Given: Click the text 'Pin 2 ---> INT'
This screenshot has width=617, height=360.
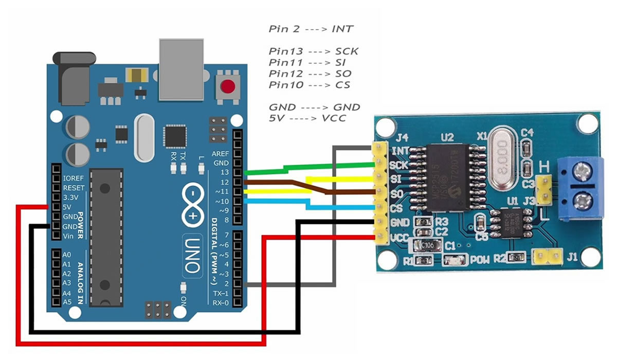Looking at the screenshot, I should (x=311, y=29).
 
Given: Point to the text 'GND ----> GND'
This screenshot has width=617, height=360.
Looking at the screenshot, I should (x=314, y=107).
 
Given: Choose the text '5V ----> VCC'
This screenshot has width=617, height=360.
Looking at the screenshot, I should (x=307, y=118).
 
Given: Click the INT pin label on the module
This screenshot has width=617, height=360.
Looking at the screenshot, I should (x=400, y=151).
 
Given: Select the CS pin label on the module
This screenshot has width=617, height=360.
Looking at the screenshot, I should (x=396, y=209).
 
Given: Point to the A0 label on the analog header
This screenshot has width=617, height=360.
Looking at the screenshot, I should (x=67, y=255).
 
